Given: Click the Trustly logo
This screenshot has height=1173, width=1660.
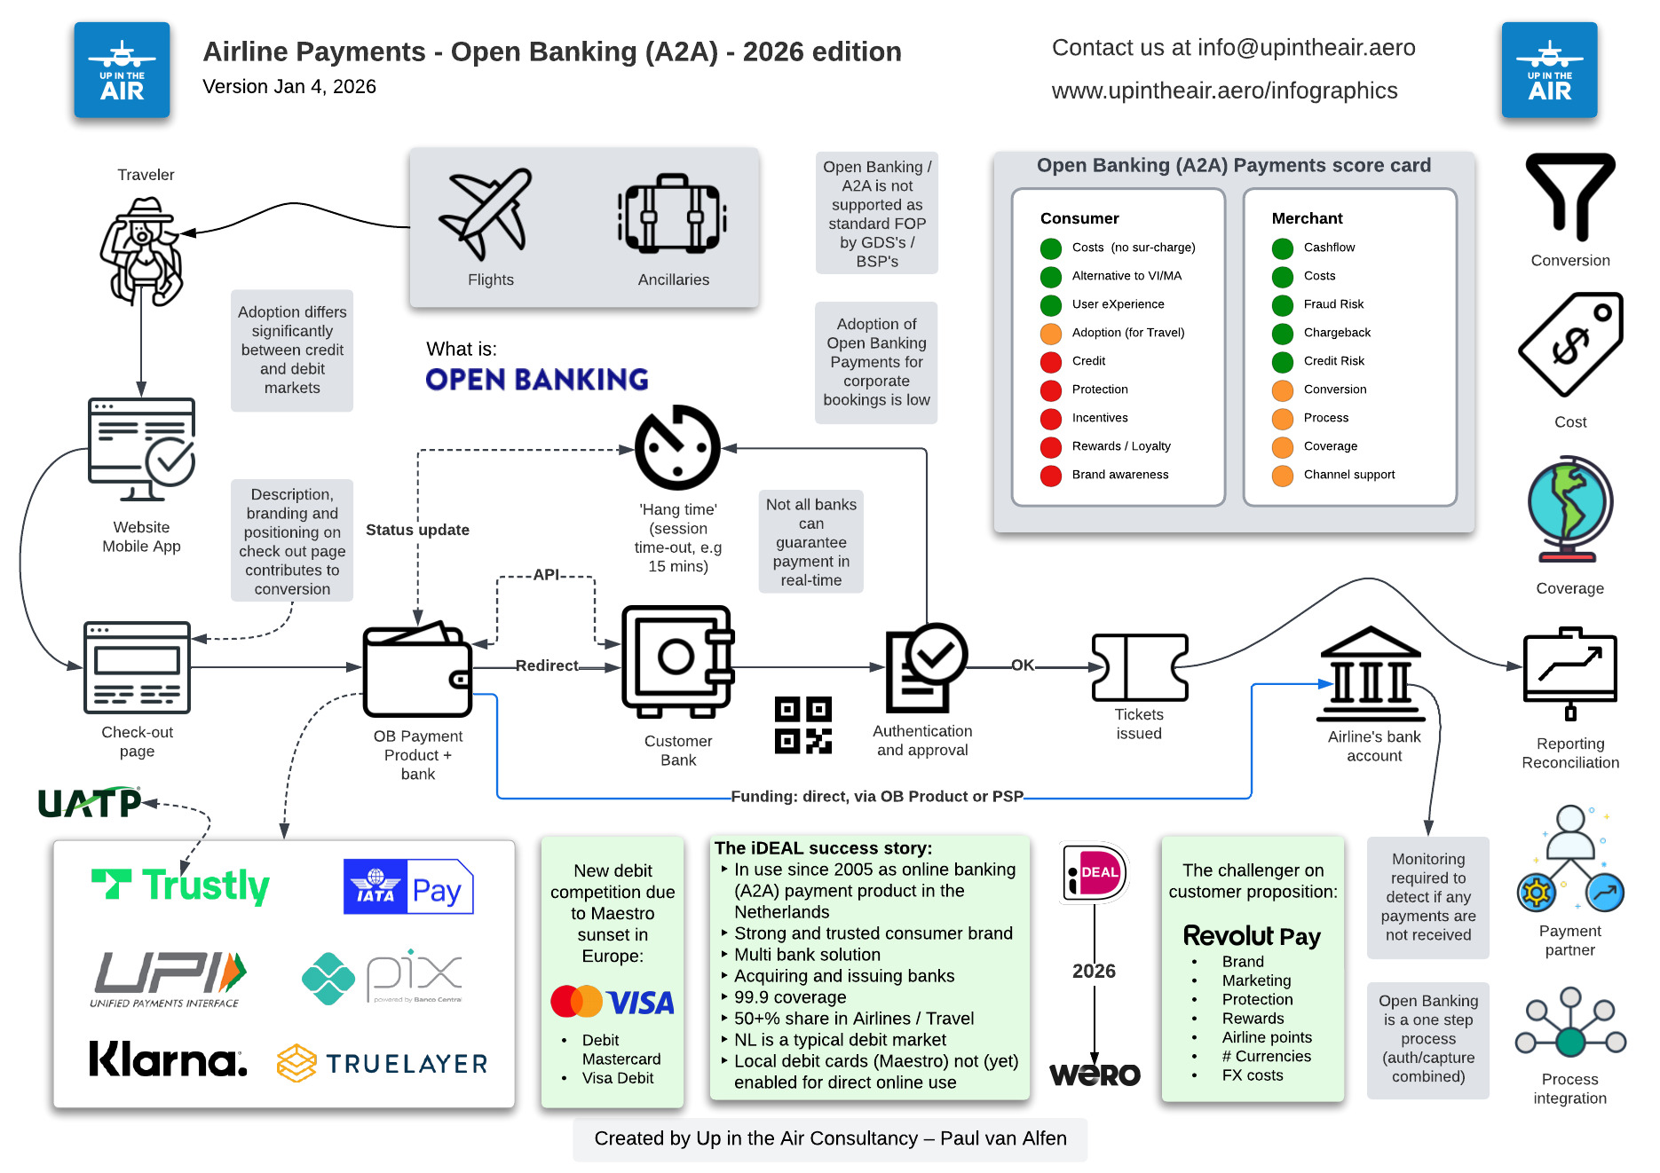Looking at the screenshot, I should (x=180, y=885).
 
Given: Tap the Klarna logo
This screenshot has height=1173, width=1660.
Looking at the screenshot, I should (x=168, y=1059).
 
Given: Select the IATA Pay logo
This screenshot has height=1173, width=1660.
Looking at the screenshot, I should (x=408, y=886).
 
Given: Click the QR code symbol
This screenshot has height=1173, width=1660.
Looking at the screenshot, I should (x=802, y=725).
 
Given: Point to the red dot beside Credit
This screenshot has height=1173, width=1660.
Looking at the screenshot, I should (x=1051, y=361).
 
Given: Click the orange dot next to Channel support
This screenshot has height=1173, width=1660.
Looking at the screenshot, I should (x=1283, y=476).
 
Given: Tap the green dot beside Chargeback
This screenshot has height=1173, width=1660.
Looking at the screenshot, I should (x=1283, y=334).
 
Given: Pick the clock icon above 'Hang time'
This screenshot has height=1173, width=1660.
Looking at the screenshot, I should (x=677, y=447).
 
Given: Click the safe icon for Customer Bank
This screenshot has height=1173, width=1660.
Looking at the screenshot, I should (x=677, y=661).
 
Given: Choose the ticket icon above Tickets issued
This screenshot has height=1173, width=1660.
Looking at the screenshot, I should (x=1139, y=667).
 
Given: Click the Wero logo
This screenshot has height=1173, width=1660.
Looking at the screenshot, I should (x=1095, y=1075).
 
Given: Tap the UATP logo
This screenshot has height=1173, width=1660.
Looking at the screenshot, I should (x=89, y=803).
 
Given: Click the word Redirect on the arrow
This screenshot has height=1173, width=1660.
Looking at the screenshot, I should (x=547, y=665).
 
